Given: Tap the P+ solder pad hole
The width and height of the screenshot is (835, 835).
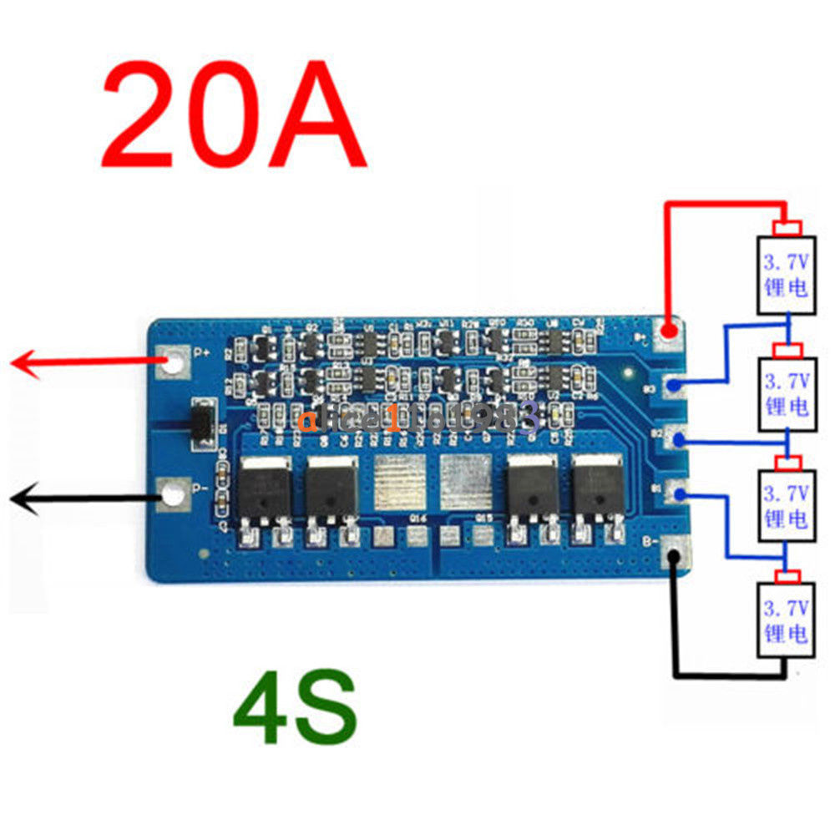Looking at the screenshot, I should [173, 362].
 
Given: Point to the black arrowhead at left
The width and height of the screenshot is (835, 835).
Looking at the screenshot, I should [23, 499].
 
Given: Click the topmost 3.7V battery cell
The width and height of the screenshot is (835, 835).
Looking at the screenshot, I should [786, 275].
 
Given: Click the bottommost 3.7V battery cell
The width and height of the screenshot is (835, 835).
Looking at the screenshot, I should [786, 619].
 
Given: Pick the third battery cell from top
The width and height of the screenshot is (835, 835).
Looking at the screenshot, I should [786, 506].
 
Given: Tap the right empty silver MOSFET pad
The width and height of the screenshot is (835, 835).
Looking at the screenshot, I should [463, 483].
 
